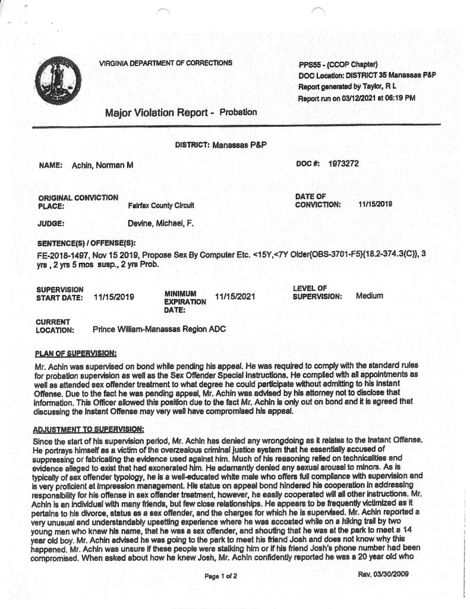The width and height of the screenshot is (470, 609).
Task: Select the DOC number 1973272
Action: click(x=343, y=163)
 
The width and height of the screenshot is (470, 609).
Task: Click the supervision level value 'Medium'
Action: click(x=369, y=296)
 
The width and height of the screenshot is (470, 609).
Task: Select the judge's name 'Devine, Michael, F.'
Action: click(x=160, y=224)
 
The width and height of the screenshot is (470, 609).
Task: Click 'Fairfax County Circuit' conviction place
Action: click(x=162, y=205)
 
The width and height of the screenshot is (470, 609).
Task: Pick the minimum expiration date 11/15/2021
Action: click(x=235, y=296)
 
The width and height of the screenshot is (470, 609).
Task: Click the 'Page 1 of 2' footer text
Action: click(x=220, y=576)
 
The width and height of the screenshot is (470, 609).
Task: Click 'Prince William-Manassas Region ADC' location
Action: click(x=160, y=329)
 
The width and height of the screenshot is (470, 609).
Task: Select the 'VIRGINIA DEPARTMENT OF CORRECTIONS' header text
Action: click(x=166, y=62)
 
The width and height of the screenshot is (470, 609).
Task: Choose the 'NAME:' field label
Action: click(x=51, y=165)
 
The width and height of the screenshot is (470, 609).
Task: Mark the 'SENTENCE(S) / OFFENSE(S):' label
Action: click(x=87, y=243)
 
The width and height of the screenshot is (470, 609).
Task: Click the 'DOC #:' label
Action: click(x=308, y=163)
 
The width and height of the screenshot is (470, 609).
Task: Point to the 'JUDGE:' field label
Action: click(x=52, y=224)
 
